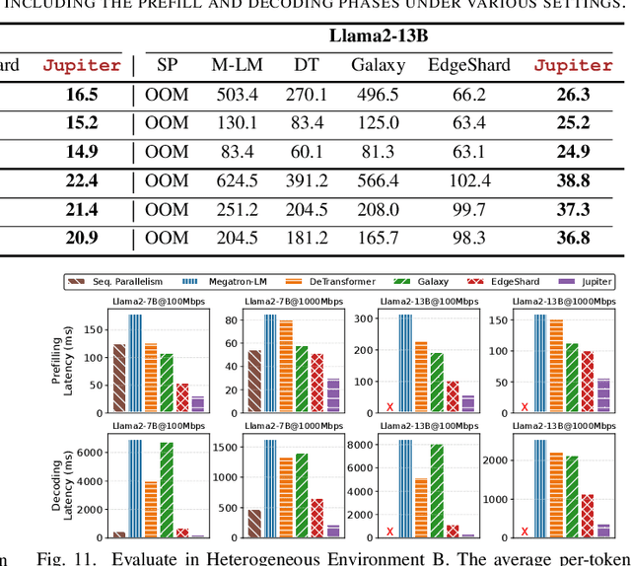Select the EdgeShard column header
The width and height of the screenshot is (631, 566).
point(469,65)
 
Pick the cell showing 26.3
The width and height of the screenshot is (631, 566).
point(573,95)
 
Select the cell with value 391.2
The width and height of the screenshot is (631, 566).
point(306,180)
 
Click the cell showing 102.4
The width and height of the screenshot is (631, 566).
point(469,180)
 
